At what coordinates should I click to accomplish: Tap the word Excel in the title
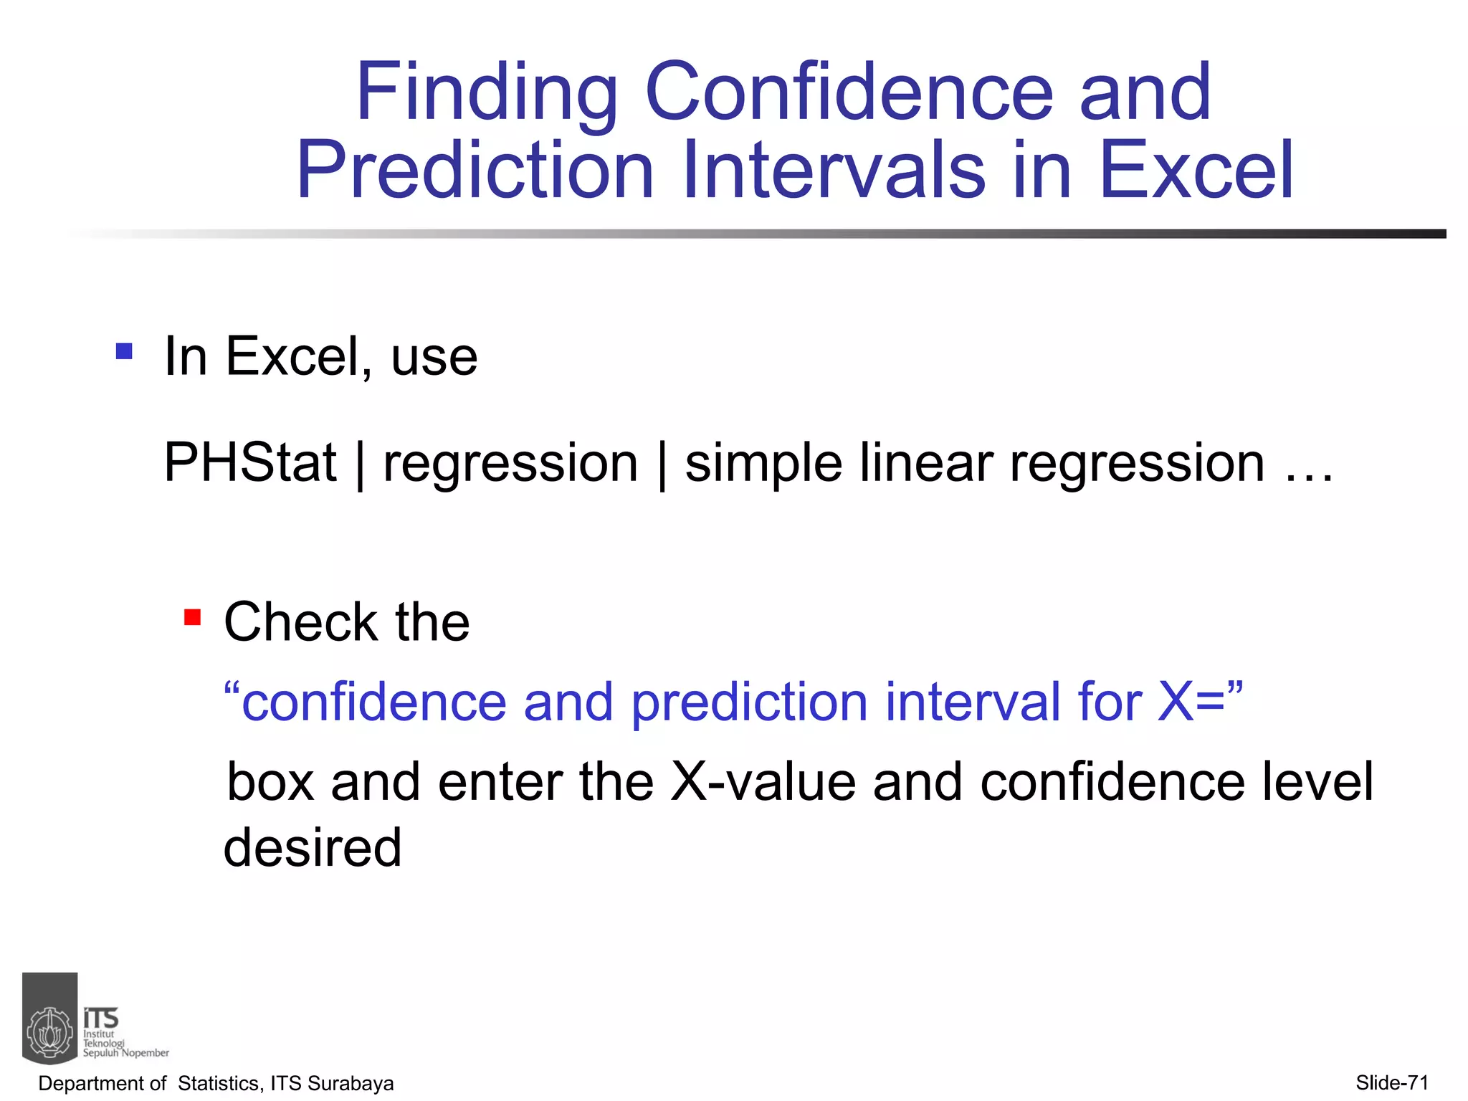coord(1196,171)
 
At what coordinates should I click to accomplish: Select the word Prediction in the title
coord(475,171)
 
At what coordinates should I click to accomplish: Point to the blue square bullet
coord(124,351)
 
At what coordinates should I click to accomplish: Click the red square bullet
coord(192,617)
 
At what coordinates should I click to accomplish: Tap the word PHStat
coord(249,462)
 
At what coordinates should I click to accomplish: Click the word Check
coord(300,621)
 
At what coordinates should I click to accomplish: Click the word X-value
coord(762,781)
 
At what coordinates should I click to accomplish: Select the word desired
coord(313,848)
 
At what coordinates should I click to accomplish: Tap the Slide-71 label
coord(1391,1082)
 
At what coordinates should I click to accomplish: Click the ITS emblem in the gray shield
coord(49,1032)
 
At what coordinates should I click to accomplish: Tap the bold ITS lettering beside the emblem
coord(100,1018)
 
